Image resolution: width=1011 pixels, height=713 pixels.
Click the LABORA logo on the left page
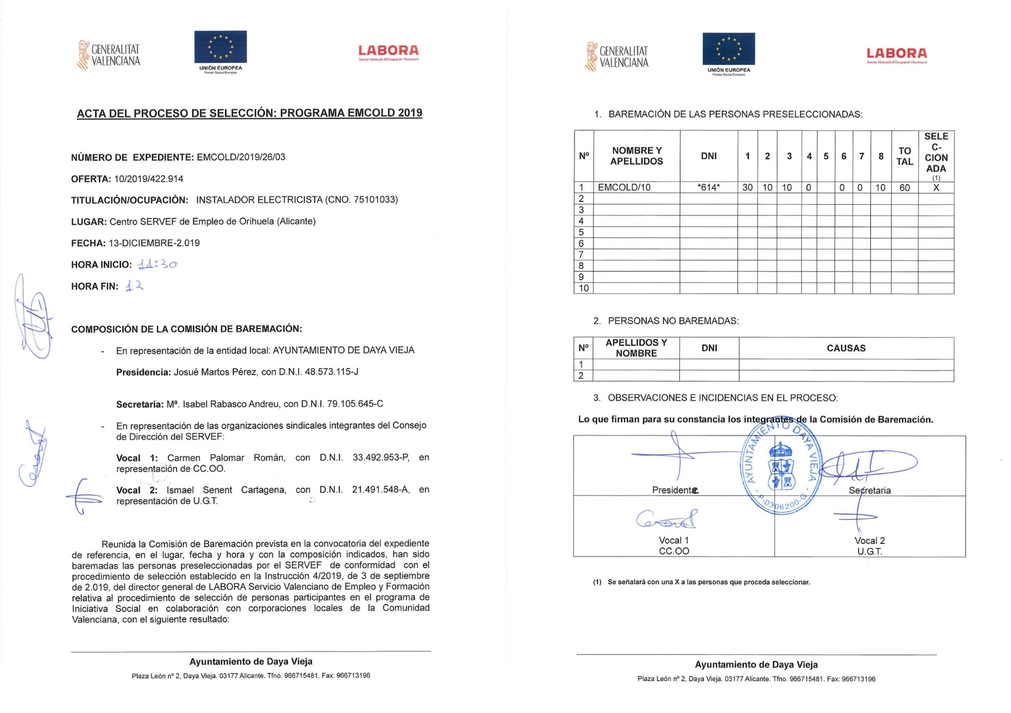pyautogui.click(x=388, y=52)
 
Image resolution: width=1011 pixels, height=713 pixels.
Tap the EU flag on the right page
pyautogui.click(x=728, y=49)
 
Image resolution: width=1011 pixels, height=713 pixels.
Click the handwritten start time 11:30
pyautogui.click(x=157, y=265)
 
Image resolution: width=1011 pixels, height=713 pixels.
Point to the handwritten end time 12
pyautogui.click(x=134, y=286)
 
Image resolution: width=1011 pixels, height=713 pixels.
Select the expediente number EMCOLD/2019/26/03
pyautogui.click(x=240, y=157)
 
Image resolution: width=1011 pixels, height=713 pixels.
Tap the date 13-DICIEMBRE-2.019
pyautogui.click(x=154, y=243)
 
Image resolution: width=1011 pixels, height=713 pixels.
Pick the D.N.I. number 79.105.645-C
pyautogui.click(x=348, y=404)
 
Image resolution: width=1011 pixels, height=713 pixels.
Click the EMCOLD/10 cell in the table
pyautogui.click(x=624, y=187)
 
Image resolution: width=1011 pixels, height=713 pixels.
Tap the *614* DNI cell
pyautogui.click(x=708, y=187)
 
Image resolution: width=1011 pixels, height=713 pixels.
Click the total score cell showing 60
pyautogui.click(x=904, y=187)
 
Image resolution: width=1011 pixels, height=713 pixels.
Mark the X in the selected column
pyautogui.click(x=936, y=187)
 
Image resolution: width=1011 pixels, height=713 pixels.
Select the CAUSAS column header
pyautogui.click(x=845, y=348)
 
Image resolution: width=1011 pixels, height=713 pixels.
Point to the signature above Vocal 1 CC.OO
pyautogui.click(x=667, y=519)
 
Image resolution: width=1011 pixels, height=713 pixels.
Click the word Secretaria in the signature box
pyautogui.click(x=870, y=490)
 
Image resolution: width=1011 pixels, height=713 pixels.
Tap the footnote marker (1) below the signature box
pyautogui.click(x=597, y=582)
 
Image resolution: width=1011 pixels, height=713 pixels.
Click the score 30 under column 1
pyautogui.click(x=747, y=187)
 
